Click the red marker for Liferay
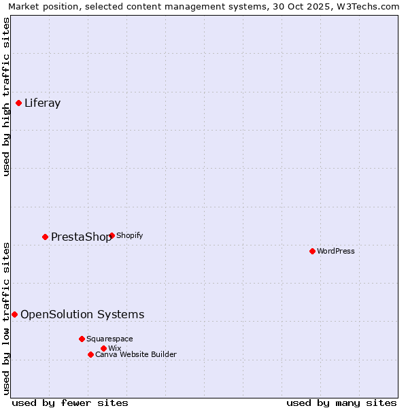19,103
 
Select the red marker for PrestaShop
46,237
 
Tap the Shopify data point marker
112,236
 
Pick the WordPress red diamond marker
313,252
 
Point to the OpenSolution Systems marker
15,315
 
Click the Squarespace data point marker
82,339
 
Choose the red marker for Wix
103,349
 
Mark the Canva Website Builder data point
90,354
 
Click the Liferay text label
43,103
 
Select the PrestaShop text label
81,237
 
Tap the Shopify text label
130,236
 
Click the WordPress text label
336,252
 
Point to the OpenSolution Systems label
82,315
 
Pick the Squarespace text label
109,339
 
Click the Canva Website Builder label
136,354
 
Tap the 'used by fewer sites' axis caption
70,403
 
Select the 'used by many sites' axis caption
341,403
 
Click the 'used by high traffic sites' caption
6,97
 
